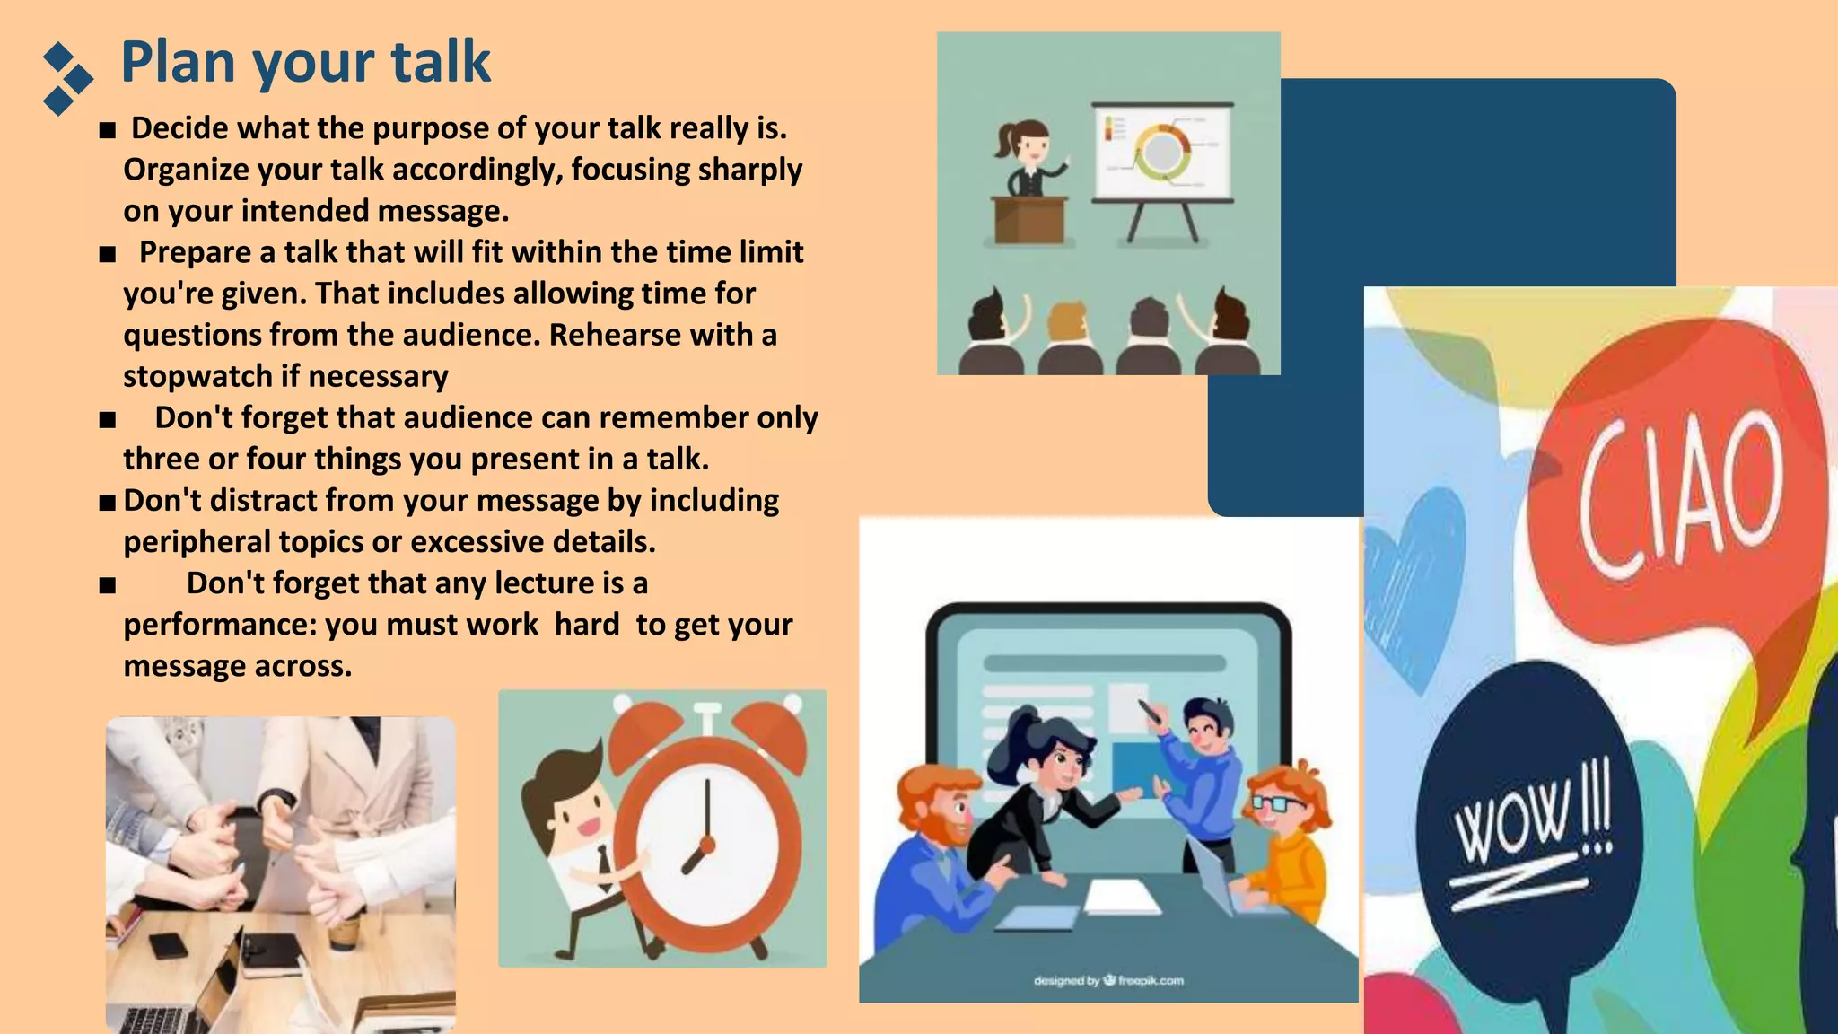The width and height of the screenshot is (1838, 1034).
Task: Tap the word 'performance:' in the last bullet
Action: coord(219,625)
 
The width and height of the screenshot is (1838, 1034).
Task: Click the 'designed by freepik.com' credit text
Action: coord(1108,980)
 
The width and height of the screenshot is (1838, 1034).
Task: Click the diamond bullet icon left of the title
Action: coord(67,79)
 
